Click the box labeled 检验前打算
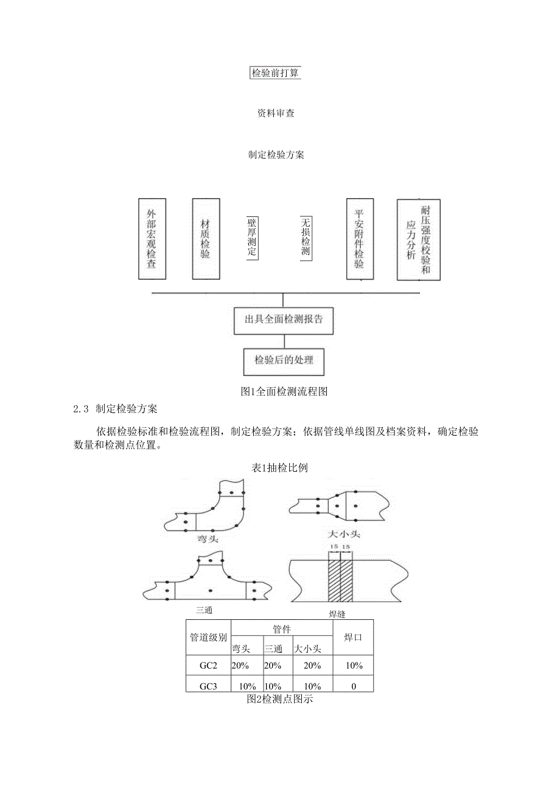[276, 73]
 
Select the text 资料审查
[276, 113]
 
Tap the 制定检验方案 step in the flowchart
[276, 155]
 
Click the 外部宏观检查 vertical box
[152, 240]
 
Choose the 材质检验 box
[205, 240]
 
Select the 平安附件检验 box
[359, 240]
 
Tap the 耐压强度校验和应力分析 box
[418, 240]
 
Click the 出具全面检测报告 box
[284, 320]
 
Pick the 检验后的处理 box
[284, 361]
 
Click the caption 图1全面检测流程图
[284, 392]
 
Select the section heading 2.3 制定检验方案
[115, 410]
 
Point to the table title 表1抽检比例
[280, 468]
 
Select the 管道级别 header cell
[208, 638]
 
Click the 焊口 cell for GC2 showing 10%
[353, 666]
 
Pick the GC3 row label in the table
[208, 686]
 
